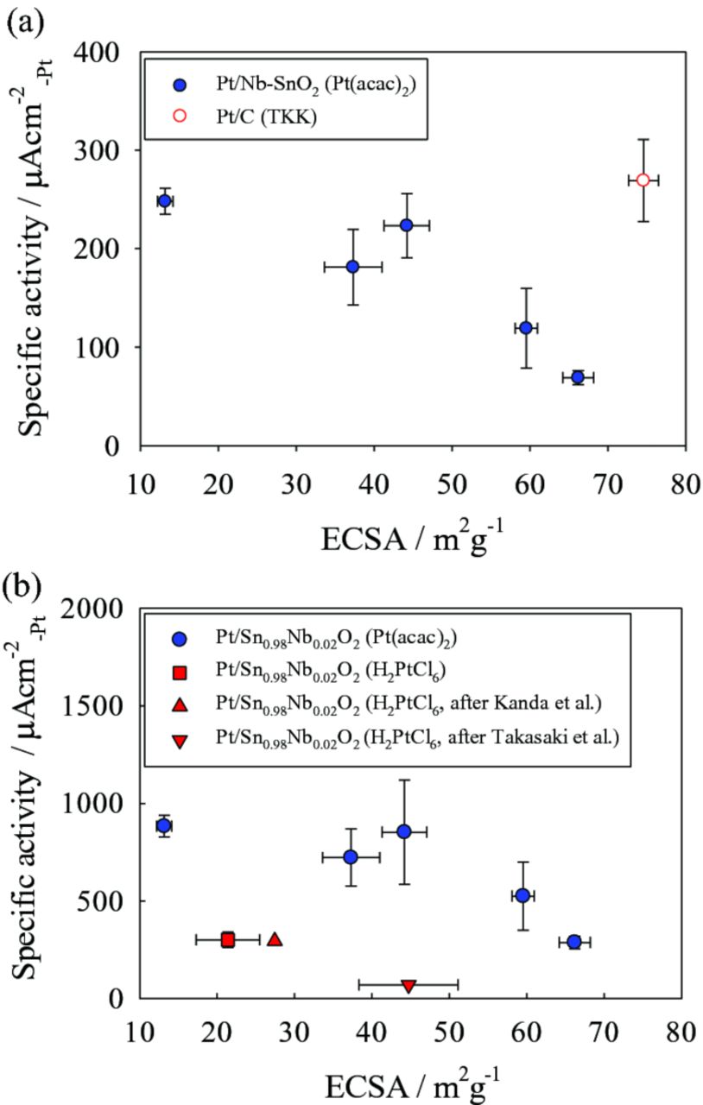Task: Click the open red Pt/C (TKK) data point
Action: click(643, 180)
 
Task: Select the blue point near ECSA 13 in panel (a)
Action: click(164, 201)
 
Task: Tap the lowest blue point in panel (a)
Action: click(578, 377)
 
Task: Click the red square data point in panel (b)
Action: click(227, 939)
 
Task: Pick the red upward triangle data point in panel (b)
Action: click(275, 939)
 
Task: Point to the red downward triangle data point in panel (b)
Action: click(408, 985)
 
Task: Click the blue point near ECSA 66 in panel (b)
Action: click(574, 941)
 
